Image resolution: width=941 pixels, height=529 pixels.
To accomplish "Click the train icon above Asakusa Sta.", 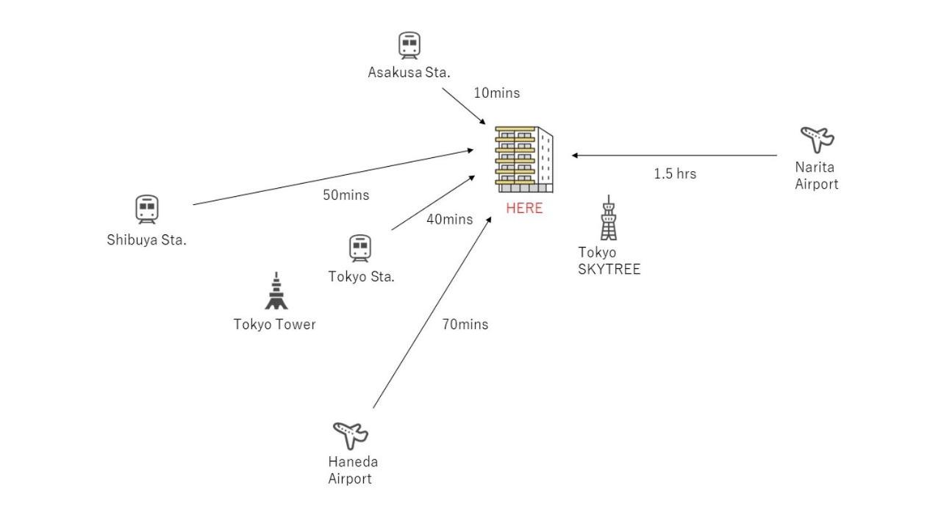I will coord(409,45).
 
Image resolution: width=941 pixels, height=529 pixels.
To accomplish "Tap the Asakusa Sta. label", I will coord(409,72).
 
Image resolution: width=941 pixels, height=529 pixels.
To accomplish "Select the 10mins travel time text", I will coord(496,93).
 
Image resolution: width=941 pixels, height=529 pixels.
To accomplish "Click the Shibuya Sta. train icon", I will coord(147,209).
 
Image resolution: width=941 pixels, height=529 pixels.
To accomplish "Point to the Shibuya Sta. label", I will coord(146,240).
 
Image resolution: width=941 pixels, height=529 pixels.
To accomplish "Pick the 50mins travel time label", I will coord(346,195).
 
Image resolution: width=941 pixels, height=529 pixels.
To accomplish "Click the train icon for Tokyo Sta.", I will coord(360,248).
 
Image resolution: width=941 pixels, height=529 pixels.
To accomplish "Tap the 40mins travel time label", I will coord(449,219).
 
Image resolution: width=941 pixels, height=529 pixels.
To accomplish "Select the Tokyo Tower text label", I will coord(274,324).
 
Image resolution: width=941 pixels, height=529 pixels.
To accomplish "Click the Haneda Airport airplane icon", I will coord(350,434).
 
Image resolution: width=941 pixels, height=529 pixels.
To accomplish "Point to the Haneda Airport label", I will coord(352,470).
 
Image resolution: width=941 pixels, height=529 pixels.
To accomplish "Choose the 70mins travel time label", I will coord(465,324).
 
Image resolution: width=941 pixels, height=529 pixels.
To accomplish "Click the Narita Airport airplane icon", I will coord(817,138).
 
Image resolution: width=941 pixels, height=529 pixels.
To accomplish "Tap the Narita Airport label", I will coord(816,176).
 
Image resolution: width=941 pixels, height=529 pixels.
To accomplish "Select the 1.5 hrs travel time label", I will coord(675,173).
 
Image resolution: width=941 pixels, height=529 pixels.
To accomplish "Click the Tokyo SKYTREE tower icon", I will coord(608,218).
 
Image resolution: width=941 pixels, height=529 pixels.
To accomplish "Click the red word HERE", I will coord(524,208).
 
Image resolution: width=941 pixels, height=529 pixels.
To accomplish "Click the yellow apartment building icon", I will coord(523,159).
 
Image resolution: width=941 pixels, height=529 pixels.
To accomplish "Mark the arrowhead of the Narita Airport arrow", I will coord(575,155).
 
